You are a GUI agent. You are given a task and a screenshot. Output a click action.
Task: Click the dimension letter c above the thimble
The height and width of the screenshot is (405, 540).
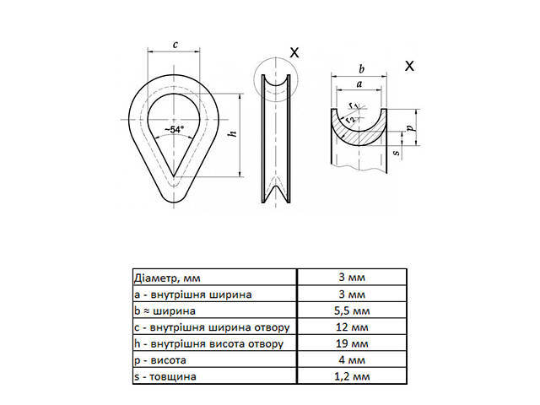point(175,45)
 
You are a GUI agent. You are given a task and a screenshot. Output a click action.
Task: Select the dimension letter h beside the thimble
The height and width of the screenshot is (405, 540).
point(233,133)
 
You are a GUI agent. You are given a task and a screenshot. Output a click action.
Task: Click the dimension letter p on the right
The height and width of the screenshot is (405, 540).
point(409,127)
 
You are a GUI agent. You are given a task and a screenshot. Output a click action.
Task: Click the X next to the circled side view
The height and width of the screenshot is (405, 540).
point(294,52)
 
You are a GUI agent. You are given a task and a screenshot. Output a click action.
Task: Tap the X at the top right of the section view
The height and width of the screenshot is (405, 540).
point(409,66)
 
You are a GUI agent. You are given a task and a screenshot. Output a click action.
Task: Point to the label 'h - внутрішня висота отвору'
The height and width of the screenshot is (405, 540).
point(202,344)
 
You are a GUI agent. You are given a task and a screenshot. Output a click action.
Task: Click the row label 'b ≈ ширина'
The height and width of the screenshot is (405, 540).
point(165,310)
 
